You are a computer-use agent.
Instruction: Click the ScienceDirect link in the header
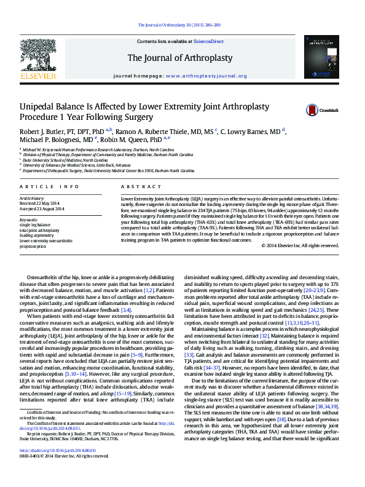[x=208, y=41]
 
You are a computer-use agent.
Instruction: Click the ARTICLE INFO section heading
[x=49, y=186]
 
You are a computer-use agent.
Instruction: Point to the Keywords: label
[x=29, y=220]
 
